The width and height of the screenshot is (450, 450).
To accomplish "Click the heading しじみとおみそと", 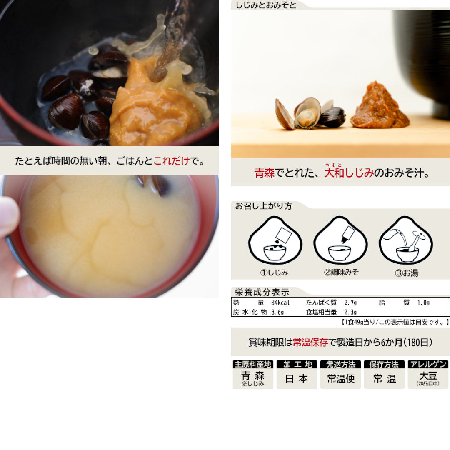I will (x=266, y=5).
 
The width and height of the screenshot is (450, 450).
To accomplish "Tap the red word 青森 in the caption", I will (x=265, y=173).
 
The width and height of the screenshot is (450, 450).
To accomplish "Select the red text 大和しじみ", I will (x=349, y=173).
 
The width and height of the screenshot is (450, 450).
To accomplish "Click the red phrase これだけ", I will (x=172, y=160).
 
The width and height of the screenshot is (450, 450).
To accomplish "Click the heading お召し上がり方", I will (x=264, y=206).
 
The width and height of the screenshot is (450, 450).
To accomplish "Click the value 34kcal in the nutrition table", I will (x=280, y=303).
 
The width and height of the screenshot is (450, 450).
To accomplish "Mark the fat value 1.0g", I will (x=423, y=303).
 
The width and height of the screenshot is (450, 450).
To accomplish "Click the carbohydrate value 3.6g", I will (x=277, y=312).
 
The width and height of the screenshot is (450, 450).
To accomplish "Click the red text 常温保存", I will (x=310, y=342).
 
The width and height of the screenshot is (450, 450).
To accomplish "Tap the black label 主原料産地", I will (x=253, y=364).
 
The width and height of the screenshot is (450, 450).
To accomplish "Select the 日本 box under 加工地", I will (x=297, y=379).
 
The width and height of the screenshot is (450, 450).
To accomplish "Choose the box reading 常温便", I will (x=340, y=379).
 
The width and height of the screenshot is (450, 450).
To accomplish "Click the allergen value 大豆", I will (x=428, y=377).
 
